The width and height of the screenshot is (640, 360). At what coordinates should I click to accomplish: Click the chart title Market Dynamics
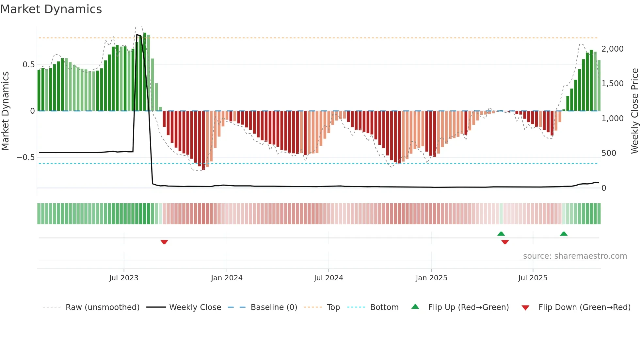51,9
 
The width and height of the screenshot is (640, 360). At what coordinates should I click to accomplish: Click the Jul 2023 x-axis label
124,278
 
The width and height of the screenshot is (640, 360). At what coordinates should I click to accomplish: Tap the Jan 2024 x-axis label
227,278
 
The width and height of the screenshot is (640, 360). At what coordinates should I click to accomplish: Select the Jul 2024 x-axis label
328,278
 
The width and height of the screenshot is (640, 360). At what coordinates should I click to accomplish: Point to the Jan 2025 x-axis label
431,278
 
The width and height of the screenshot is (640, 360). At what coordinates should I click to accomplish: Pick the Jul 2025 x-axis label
533,278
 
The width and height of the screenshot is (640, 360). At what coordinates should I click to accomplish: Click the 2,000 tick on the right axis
612,49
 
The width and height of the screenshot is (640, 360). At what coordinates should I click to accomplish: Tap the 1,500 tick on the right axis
612,84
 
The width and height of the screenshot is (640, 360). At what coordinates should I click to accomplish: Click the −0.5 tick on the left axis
25,157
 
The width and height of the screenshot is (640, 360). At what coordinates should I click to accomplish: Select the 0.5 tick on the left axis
28,65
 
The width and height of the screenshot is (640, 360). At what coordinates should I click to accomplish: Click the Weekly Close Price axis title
634,111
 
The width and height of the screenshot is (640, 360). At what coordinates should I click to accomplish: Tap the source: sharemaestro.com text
575,256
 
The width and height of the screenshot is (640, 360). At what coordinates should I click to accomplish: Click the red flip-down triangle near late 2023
164,242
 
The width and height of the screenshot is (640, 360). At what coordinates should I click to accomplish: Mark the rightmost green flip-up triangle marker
564,234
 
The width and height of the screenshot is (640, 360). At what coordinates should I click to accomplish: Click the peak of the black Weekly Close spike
137,34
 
